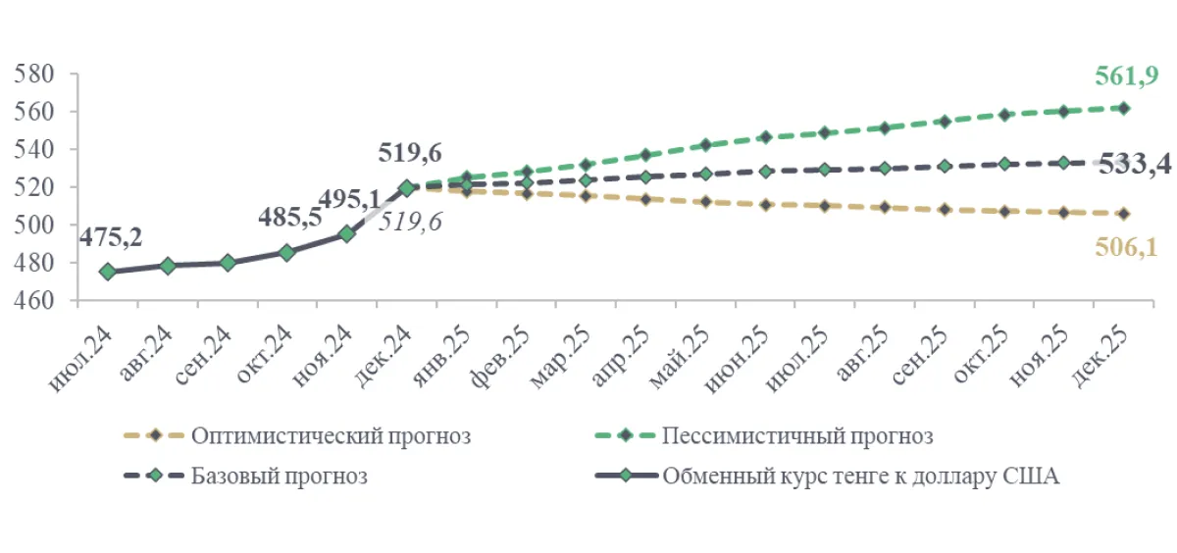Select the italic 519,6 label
410,222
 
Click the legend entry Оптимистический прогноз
332,435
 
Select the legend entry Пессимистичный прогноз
796,435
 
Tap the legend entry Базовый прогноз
280,478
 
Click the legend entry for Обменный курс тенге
860,478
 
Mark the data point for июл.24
108,271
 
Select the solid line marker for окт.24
286,252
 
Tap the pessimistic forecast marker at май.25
705,145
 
